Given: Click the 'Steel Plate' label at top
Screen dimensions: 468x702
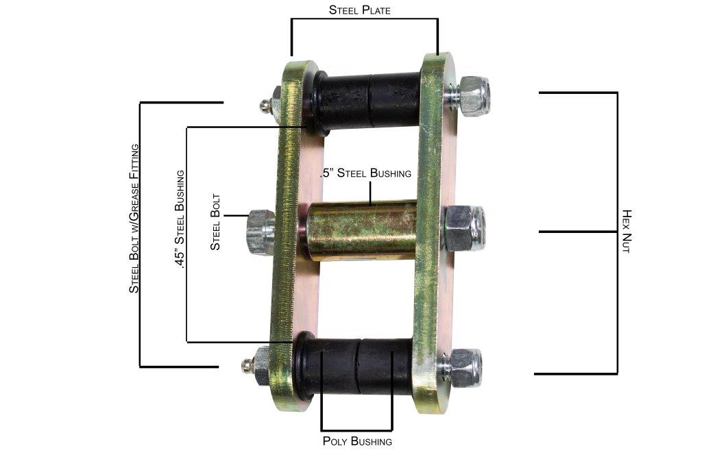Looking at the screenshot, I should [x=360, y=10].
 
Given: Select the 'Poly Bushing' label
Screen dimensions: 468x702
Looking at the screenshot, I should [x=357, y=441].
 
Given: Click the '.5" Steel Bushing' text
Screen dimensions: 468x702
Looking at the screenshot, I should [x=366, y=173].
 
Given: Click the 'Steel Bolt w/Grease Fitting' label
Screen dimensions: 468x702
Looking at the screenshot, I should [x=134, y=218].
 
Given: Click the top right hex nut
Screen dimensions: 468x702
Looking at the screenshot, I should [x=473, y=96].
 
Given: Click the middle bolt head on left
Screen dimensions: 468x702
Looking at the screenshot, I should [x=260, y=232].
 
